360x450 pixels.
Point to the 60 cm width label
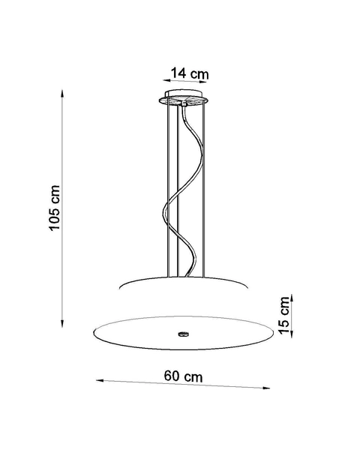[x=184, y=375]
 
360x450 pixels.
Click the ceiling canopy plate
[x=184, y=98]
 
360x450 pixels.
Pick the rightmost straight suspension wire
[x=202, y=187]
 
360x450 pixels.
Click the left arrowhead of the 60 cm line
[x=98, y=380]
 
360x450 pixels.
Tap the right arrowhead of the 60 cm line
[x=268, y=388]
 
